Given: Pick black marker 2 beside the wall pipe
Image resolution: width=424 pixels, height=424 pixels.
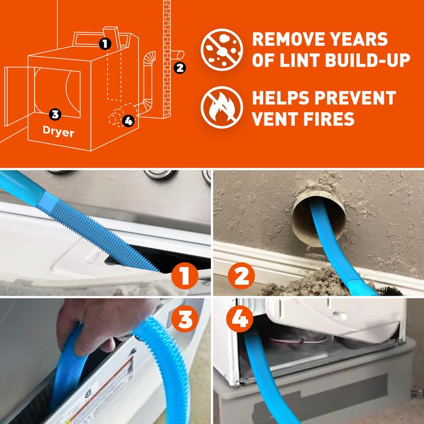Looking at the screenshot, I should [x=180, y=67].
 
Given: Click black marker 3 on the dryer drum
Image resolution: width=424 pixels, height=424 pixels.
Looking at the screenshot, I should [x=55, y=113].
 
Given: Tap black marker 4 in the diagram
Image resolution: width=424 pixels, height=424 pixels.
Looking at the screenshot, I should [x=127, y=121].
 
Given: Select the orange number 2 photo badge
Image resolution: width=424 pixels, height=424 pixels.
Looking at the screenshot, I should [x=241, y=276].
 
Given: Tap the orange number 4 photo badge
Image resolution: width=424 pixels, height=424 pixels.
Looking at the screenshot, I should [x=241, y=320].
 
